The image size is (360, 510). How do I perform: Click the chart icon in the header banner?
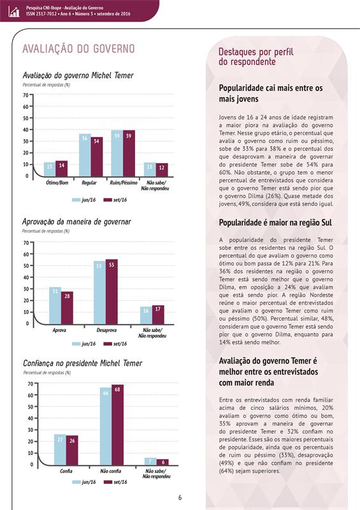[14, 11]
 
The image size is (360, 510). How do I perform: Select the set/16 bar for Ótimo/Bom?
[61, 169]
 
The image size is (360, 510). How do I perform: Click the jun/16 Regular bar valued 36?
[85, 156]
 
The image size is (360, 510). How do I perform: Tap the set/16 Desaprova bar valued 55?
[112, 292]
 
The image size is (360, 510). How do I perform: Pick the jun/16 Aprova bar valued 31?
[55, 306]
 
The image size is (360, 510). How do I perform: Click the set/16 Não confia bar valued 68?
[117, 425]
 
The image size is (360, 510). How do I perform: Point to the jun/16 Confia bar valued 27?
[60, 449]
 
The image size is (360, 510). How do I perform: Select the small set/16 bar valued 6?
[162, 462]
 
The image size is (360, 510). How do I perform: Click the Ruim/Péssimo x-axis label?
[124, 183]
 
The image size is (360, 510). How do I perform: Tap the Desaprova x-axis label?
[106, 330]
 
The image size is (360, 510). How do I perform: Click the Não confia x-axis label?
[111, 471]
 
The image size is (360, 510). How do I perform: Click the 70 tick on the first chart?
[25, 95]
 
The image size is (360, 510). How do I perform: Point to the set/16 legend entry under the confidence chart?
[115, 482]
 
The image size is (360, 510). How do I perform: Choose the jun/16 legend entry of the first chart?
[84, 200]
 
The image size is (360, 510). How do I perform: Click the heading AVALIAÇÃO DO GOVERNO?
[78, 49]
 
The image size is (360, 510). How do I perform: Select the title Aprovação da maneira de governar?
[76, 222]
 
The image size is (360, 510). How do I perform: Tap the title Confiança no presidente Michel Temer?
[83, 363]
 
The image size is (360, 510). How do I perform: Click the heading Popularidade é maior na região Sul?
[275, 222]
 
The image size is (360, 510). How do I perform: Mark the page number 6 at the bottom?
[180, 497]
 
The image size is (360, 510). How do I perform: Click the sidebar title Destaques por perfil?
[256, 52]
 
